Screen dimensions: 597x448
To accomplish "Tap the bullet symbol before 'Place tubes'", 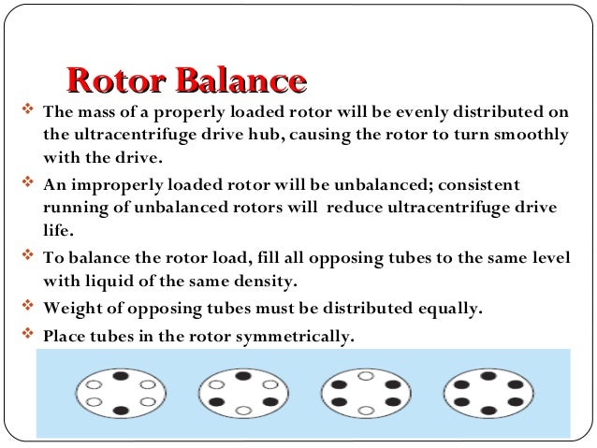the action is point(26,332).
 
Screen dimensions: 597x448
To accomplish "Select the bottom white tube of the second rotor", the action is point(243,410).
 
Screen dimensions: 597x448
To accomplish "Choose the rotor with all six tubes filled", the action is point(488,393).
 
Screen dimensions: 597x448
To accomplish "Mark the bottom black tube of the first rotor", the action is point(121,410).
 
